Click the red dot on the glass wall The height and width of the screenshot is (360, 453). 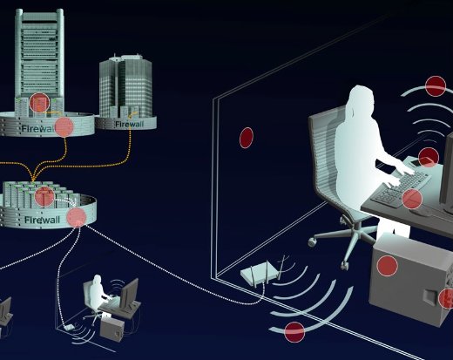tap(247, 138)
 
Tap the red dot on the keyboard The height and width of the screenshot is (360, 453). tap(412, 199)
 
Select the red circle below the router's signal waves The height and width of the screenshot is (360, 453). tap(294, 332)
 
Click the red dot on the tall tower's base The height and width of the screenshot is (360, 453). tap(39, 103)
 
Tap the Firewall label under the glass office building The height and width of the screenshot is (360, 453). tap(130, 124)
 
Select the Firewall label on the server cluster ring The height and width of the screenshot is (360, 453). tap(42, 220)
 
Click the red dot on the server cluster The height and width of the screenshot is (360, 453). tap(44, 196)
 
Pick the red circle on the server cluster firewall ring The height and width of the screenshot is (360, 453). tap(77, 217)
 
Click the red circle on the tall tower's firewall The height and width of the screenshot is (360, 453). tap(64, 127)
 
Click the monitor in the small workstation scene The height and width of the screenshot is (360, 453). tap(129, 293)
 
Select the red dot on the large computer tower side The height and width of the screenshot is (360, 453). tap(388, 266)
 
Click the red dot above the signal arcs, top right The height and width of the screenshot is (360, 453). tap(436, 86)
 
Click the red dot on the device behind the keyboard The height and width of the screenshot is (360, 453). tap(429, 157)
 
